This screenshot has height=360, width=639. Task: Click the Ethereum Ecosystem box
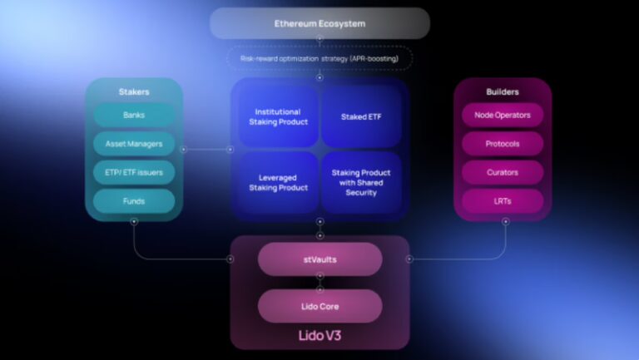coord(319,23)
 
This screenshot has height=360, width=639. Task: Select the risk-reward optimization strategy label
coord(319,58)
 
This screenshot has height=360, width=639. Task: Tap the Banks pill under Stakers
coord(134,115)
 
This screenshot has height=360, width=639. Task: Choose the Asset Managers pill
coord(134,144)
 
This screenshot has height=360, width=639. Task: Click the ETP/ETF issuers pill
coord(134,172)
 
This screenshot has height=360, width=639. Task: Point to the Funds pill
coord(134,200)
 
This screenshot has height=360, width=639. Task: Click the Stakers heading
coord(134,91)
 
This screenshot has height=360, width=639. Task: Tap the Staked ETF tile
coord(360,116)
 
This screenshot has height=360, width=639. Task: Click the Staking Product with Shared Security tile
coord(360,182)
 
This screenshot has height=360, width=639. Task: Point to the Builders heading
coord(503,91)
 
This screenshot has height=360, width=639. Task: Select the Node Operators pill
coord(503,115)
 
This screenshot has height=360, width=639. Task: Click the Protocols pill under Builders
coord(503,144)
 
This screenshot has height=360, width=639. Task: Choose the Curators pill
coord(503,172)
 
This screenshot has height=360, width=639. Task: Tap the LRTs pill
coord(503,200)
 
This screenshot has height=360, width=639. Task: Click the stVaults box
coord(319,259)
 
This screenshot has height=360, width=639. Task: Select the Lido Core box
coord(319,306)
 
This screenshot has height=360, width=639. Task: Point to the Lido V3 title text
coord(319,336)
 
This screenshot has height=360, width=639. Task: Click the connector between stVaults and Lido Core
coord(319,283)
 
